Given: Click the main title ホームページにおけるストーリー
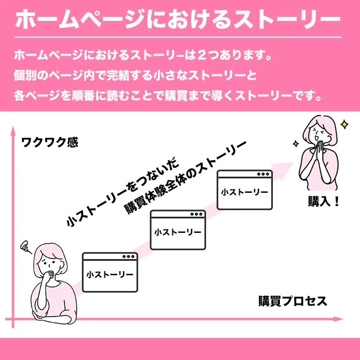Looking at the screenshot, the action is (178, 19).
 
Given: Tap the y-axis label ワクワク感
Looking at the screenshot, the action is (50, 142).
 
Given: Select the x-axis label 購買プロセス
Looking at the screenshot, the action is (293, 301).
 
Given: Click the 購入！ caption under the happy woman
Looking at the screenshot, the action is (323, 201).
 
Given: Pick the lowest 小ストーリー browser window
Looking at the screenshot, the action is (110, 272).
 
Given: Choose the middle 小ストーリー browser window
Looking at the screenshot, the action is (178, 230).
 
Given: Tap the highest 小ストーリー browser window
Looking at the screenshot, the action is (245, 190).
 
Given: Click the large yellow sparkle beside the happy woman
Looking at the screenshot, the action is (344, 125).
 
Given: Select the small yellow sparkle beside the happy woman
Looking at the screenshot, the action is (296, 144).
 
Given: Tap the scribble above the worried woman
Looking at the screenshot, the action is (25, 247).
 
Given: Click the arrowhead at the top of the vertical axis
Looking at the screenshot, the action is (13, 130).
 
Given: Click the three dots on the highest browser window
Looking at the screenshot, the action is (263, 174).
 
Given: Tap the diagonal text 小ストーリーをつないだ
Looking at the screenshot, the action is (123, 192).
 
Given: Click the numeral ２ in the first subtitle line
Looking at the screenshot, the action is (201, 55).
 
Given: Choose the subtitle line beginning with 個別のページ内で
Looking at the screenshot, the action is (135, 75).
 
